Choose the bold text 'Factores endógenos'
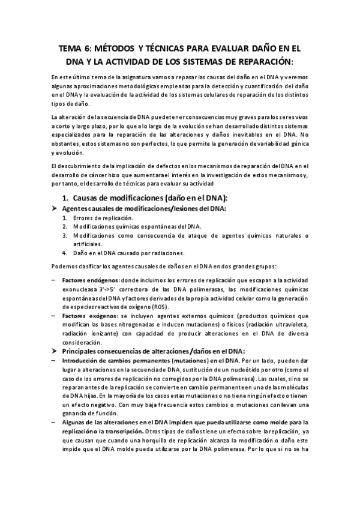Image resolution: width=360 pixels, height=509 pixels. click(x=90, y=280)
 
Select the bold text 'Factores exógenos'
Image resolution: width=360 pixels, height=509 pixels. click(x=89, y=315)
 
